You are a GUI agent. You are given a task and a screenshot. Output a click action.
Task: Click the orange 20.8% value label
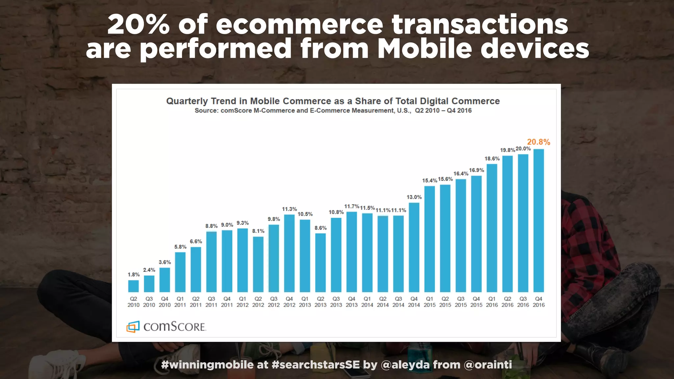pos(538,142)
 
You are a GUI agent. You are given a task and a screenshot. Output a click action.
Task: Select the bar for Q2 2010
pos(133,286)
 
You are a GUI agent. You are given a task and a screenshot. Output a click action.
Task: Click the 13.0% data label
pos(414,197)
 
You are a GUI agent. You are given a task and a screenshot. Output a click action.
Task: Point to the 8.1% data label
pos(258,231)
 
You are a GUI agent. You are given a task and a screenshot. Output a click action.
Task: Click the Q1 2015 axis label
pos(429,302)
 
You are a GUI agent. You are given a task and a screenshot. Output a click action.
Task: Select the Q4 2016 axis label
pos(539,302)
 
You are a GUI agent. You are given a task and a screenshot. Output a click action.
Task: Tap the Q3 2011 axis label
pos(211,302)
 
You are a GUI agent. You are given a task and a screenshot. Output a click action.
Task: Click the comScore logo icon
pos(133,326)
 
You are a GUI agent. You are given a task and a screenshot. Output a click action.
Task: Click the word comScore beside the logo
pos(174,327)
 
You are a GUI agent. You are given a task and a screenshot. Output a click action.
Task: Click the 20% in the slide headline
pos(138,25)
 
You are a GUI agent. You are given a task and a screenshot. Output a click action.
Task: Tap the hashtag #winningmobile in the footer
pos(207,365)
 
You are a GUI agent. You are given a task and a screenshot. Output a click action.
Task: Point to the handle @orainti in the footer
pos(488,365)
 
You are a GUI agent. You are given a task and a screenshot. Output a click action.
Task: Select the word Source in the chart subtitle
pos(206,111)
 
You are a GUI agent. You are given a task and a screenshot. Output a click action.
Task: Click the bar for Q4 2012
pos(289,253)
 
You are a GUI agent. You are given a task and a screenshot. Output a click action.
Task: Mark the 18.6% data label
pos(492,159)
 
